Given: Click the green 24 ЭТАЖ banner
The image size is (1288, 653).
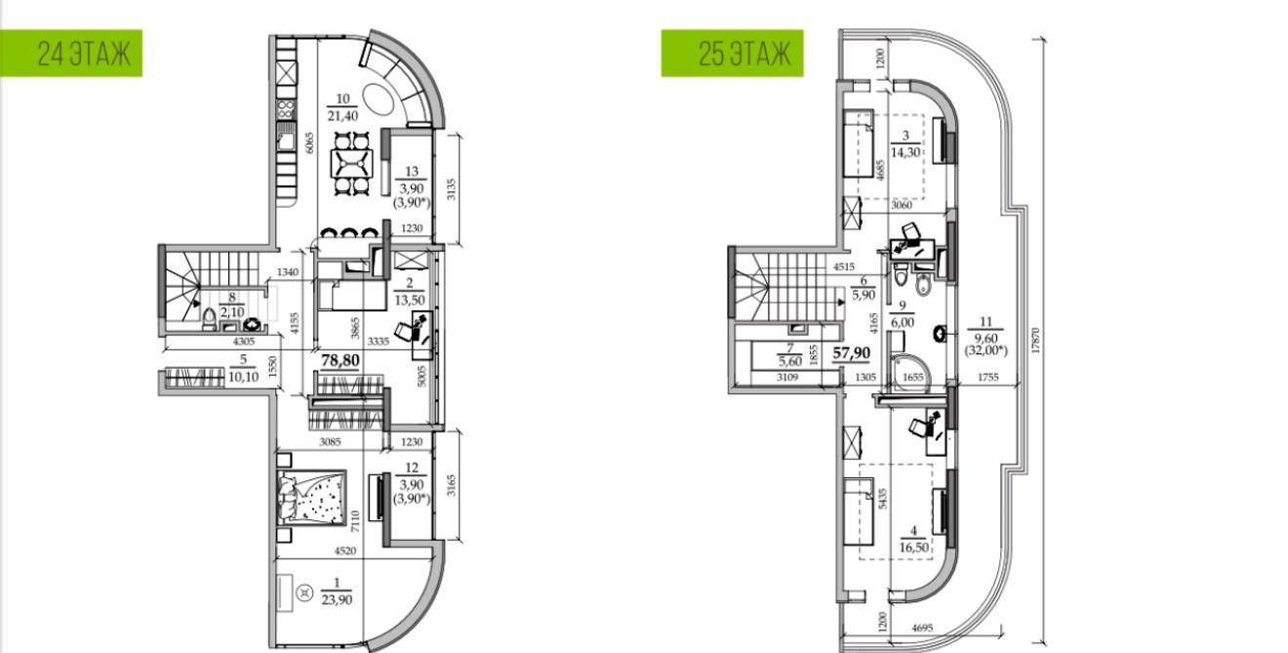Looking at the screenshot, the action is coord(71,53).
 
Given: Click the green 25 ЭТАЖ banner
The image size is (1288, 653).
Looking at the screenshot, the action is coord(732,53).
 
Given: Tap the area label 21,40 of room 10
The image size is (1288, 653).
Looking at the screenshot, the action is coord(342,116).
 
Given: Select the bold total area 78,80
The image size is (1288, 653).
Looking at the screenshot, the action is coord(341,361).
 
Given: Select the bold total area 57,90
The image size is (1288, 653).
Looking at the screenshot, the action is coord(852,352).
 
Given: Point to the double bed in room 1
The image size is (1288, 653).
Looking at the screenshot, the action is coord(312,497).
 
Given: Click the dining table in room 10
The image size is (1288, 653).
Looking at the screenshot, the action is coord(351,163).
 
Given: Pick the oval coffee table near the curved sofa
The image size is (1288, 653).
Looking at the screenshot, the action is coord(379,98).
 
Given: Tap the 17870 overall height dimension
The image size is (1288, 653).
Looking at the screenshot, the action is coord(1035,341).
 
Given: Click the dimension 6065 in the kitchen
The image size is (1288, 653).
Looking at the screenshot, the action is coord(309,143).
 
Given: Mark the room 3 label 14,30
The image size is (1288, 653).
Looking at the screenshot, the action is coord(906,152).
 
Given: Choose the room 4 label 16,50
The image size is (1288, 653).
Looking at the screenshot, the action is coord(914,547).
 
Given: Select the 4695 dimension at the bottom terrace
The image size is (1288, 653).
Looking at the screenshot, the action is coord(922,629).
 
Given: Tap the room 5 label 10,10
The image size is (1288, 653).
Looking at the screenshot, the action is coord(243,377).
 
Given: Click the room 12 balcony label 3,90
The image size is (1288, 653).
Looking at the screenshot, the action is coord(412,484).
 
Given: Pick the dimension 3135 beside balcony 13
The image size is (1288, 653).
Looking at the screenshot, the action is coord(452,189).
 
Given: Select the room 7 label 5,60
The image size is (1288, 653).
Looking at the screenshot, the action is coord(790,361).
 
